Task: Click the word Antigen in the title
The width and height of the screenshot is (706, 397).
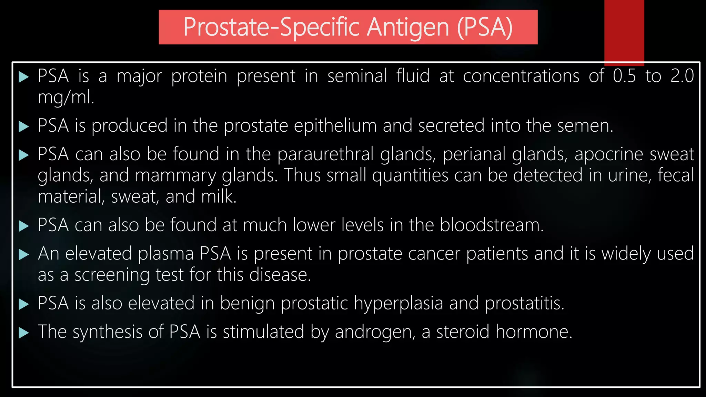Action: (x=408, y=28)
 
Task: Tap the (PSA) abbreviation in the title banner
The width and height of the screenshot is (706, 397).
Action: (x=485, y=28)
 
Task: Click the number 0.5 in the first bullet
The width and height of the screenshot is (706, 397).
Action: (x=624, y=76)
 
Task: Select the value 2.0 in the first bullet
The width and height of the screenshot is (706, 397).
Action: (x=682, y=76)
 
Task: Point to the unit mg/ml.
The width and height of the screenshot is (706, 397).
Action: (x=65, y=98)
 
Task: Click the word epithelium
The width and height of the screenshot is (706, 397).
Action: (x=335, y=126)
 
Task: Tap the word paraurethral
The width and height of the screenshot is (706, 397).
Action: (x=325, y=154)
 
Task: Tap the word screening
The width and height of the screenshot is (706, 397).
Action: (x=112, y=275)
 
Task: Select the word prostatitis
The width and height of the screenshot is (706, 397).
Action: (x=524, y=304)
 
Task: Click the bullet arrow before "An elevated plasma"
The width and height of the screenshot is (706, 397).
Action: (x=23, y=255)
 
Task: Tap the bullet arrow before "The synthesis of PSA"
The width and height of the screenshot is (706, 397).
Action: (x=23, y=333)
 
